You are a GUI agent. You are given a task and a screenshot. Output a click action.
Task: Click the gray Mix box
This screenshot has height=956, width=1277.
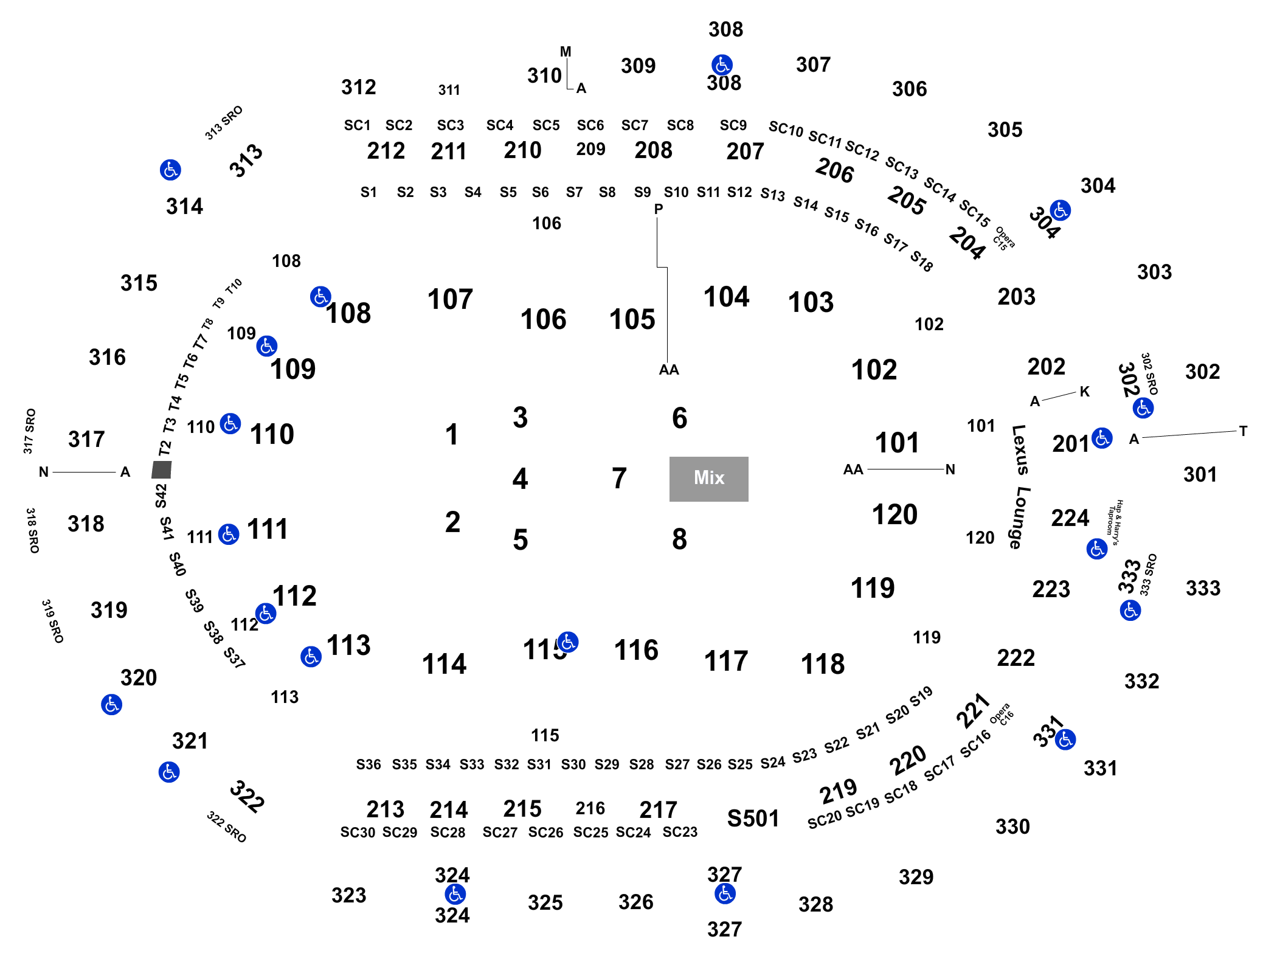[708, 479]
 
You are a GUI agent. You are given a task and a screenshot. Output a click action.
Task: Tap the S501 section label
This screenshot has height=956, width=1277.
[753, 819]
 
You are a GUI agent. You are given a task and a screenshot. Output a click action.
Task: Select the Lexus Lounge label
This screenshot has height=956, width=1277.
[1020, 487]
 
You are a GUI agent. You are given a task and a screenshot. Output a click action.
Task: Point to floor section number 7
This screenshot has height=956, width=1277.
[619, 478]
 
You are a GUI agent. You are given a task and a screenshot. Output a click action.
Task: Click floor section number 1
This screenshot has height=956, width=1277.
[451, 434]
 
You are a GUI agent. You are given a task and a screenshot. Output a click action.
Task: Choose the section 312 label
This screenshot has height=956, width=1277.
[359, 87]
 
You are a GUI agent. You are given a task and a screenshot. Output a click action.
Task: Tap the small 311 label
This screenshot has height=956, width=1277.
[449, 90]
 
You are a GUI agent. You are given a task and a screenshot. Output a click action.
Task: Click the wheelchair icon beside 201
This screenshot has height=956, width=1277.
[1102, 438]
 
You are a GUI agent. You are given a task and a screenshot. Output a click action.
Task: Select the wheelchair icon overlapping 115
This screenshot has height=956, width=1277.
[568, 642]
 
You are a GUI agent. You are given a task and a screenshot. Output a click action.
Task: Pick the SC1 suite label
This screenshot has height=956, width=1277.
[357, 125]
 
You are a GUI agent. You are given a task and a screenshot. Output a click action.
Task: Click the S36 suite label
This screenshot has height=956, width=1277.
[369, 764]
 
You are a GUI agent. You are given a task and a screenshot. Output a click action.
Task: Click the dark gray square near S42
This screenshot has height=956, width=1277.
[162, 469]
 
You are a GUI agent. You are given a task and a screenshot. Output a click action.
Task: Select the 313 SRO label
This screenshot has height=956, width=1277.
[224, 123]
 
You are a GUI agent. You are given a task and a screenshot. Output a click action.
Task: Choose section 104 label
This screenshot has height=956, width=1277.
[726, 297]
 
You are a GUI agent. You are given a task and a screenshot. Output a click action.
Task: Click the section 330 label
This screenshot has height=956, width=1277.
[1012, 826]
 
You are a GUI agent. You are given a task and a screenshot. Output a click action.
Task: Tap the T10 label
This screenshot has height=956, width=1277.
[234, 286]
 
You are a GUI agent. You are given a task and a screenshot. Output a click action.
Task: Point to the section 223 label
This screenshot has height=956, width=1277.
[1051, 589]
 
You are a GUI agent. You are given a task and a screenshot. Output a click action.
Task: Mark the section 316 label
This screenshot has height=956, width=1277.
[107, 357]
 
